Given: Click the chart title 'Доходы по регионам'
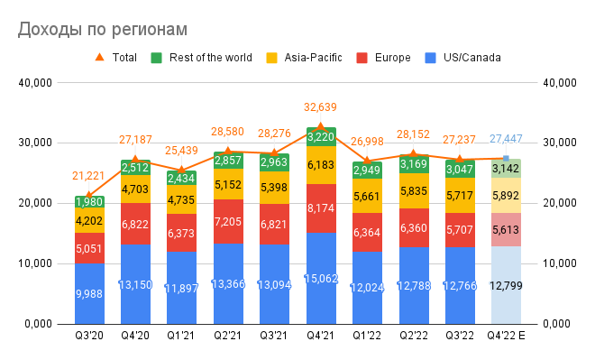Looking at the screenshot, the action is (x=103, y=29).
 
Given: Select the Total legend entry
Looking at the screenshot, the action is (x=115, y=58).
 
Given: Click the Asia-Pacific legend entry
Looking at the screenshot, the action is (x=304, y=58).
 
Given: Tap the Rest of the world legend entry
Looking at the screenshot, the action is (x=202, y=58).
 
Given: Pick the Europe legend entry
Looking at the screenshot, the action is (x=384, y=58).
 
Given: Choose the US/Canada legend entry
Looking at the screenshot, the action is (x=463, y=58).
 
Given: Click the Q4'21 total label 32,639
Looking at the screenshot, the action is (x=320, y=107).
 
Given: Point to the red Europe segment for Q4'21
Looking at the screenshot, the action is (x=321, y=208).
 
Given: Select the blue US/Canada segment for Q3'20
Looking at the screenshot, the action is (x=89, y=293).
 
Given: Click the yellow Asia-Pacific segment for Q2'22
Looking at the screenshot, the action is (x=414, y=190).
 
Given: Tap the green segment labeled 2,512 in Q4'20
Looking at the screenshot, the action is (x=135, y=168).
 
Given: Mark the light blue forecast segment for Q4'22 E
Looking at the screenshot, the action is (x=506, y=285).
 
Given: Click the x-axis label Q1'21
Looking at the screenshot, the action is (x=181, y=336).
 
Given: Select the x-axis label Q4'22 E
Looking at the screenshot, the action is (x=506, y=336).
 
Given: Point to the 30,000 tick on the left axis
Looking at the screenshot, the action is (x=35, y=143).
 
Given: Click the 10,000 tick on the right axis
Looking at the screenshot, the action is (x=560, y=263).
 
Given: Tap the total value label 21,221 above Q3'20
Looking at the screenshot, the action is (x=88, y=176).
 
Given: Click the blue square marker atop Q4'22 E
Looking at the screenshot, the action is (x=506, y=159).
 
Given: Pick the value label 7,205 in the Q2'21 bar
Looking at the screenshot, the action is (x=228, y=221).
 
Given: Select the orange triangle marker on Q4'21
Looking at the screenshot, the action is (x=321, y=127).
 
